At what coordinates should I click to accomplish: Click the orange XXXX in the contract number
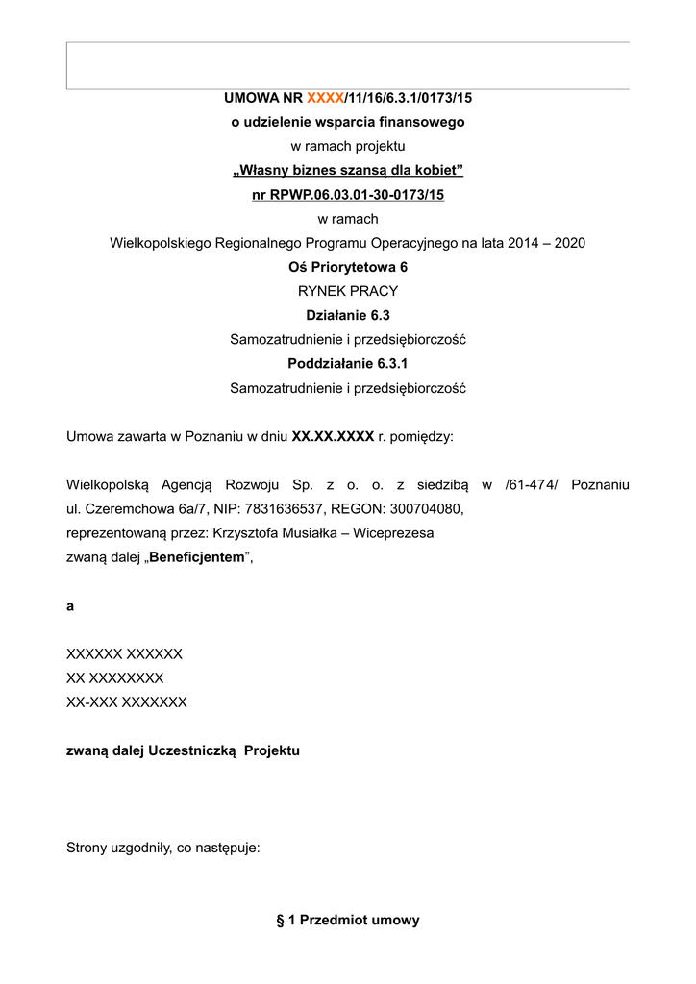point(324,98)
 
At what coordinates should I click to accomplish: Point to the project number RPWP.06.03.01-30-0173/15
point(360,195)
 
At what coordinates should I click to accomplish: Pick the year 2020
point(567,243)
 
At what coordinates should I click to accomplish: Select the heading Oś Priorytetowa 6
point(347,267)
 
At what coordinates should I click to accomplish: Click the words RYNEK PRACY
point(347,291)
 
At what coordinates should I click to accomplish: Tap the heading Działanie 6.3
point(347,315)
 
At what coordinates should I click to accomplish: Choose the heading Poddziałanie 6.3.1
point(347,364)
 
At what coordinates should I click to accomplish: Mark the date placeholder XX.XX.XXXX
point(333,436)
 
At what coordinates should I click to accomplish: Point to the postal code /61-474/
point(531,484)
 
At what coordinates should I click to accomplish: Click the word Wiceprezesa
point(394,532)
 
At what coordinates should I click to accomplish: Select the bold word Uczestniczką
point(191,750)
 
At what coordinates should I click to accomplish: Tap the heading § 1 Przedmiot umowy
point(347,920)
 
